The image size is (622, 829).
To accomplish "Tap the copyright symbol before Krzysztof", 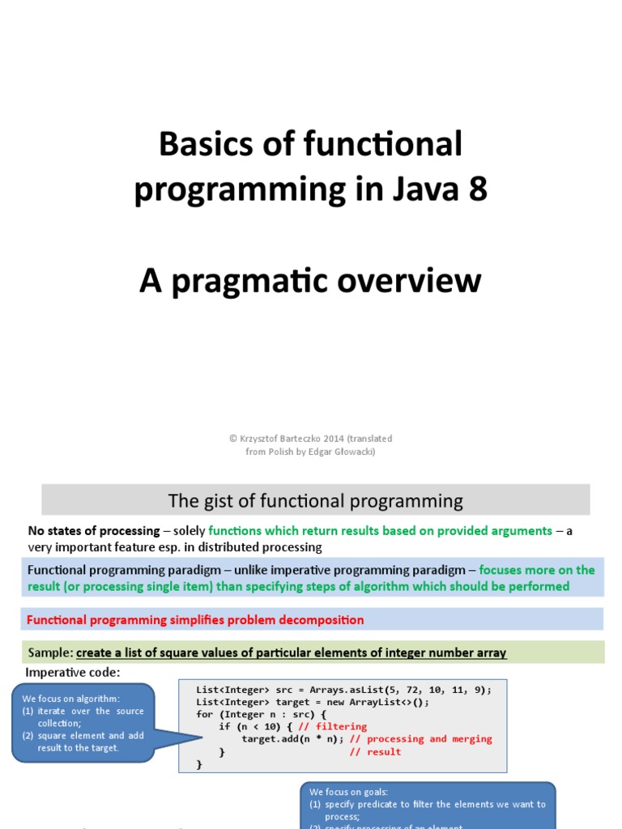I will coord(232,439).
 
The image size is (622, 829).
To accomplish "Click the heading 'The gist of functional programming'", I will coord(315,501).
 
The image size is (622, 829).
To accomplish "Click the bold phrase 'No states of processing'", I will coord(94,531).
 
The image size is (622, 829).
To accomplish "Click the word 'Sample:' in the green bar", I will coord(50,653).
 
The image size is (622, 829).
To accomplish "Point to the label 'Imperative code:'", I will coord(72,673).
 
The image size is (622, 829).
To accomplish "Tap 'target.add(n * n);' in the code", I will coord(292,739).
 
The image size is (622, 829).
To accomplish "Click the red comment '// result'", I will coord(374,752).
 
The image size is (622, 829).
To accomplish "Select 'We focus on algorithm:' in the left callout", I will coord(70,699).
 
